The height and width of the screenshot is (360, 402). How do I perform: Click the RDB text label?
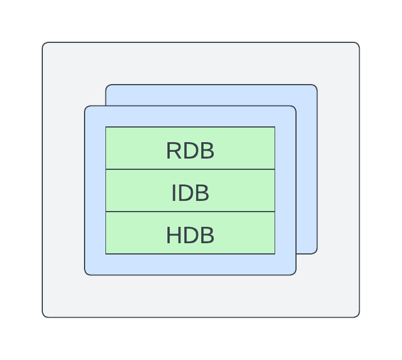(190, 151)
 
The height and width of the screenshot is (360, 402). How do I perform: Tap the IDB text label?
(190, 194)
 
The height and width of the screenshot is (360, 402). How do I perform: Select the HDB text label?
(190, 235)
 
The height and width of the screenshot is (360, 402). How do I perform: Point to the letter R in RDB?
(173, 151)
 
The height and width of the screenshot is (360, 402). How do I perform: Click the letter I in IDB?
(174, 194)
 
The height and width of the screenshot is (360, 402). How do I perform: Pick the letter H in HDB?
(173, 235)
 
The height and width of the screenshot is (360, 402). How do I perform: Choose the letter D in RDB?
(191, 151)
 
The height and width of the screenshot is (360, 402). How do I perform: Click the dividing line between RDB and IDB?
(190, 169)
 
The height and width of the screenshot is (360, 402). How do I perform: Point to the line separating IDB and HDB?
(190, 212)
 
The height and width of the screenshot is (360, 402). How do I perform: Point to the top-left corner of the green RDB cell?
(106, 128)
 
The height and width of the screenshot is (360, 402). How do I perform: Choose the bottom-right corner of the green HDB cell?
(274, 253)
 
